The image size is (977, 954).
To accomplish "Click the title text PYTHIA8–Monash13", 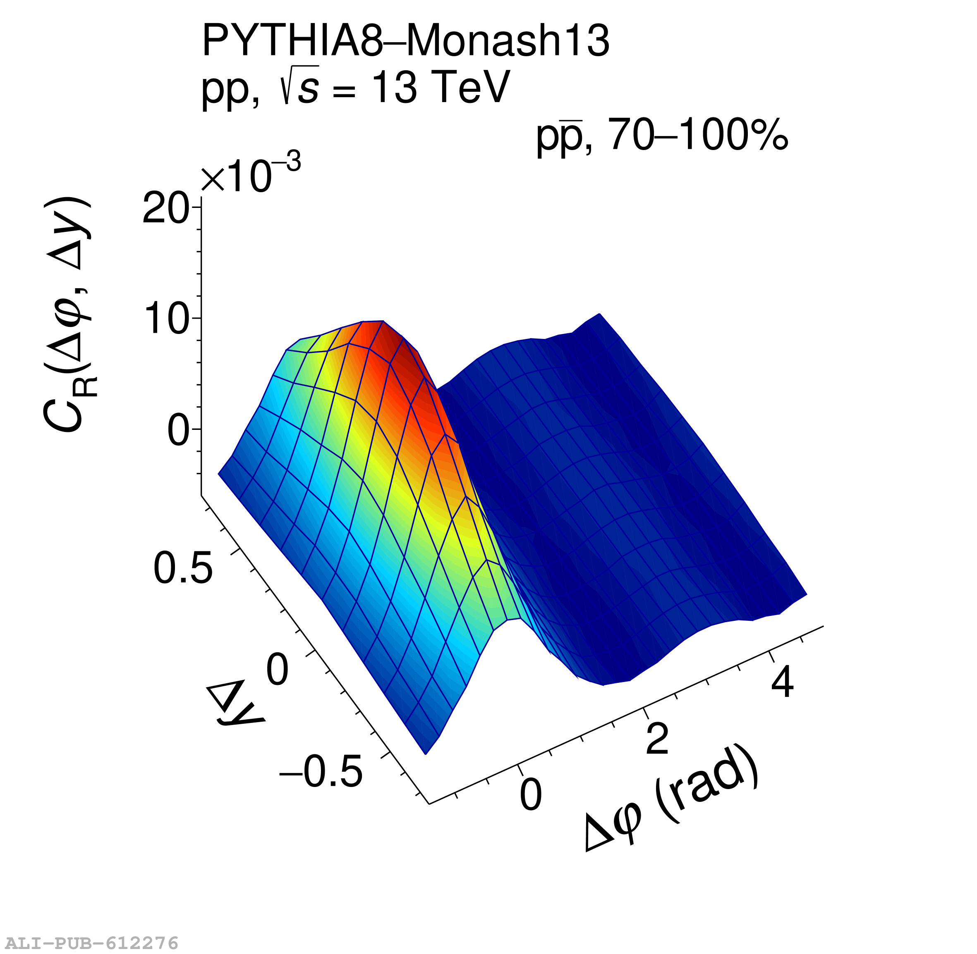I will click(405, 41).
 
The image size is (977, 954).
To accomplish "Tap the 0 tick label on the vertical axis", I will click(177, 430).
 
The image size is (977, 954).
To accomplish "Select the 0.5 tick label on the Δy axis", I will click(183, 568).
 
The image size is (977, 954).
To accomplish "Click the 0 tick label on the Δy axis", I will click(277, 670).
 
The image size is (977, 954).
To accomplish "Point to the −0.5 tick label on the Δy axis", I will click(321, 772).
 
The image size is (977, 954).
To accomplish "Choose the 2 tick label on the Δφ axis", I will click(657, 739).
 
